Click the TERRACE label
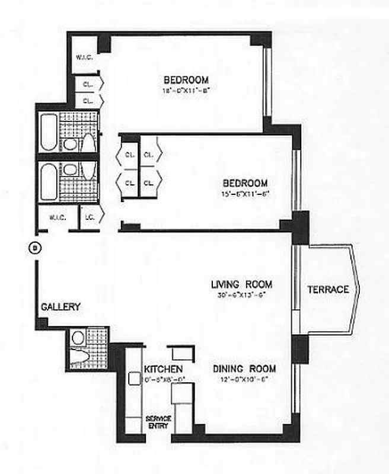[x=327, y=290]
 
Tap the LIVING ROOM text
[x=241, y=284]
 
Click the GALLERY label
[x=60, y=307]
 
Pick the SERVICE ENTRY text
[x=158, y=422]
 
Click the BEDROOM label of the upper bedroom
[x=186, y=80]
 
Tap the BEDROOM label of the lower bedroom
[x=244, y=183]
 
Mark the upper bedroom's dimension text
[x=186, y=91]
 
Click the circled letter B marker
[x=34, y=246]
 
